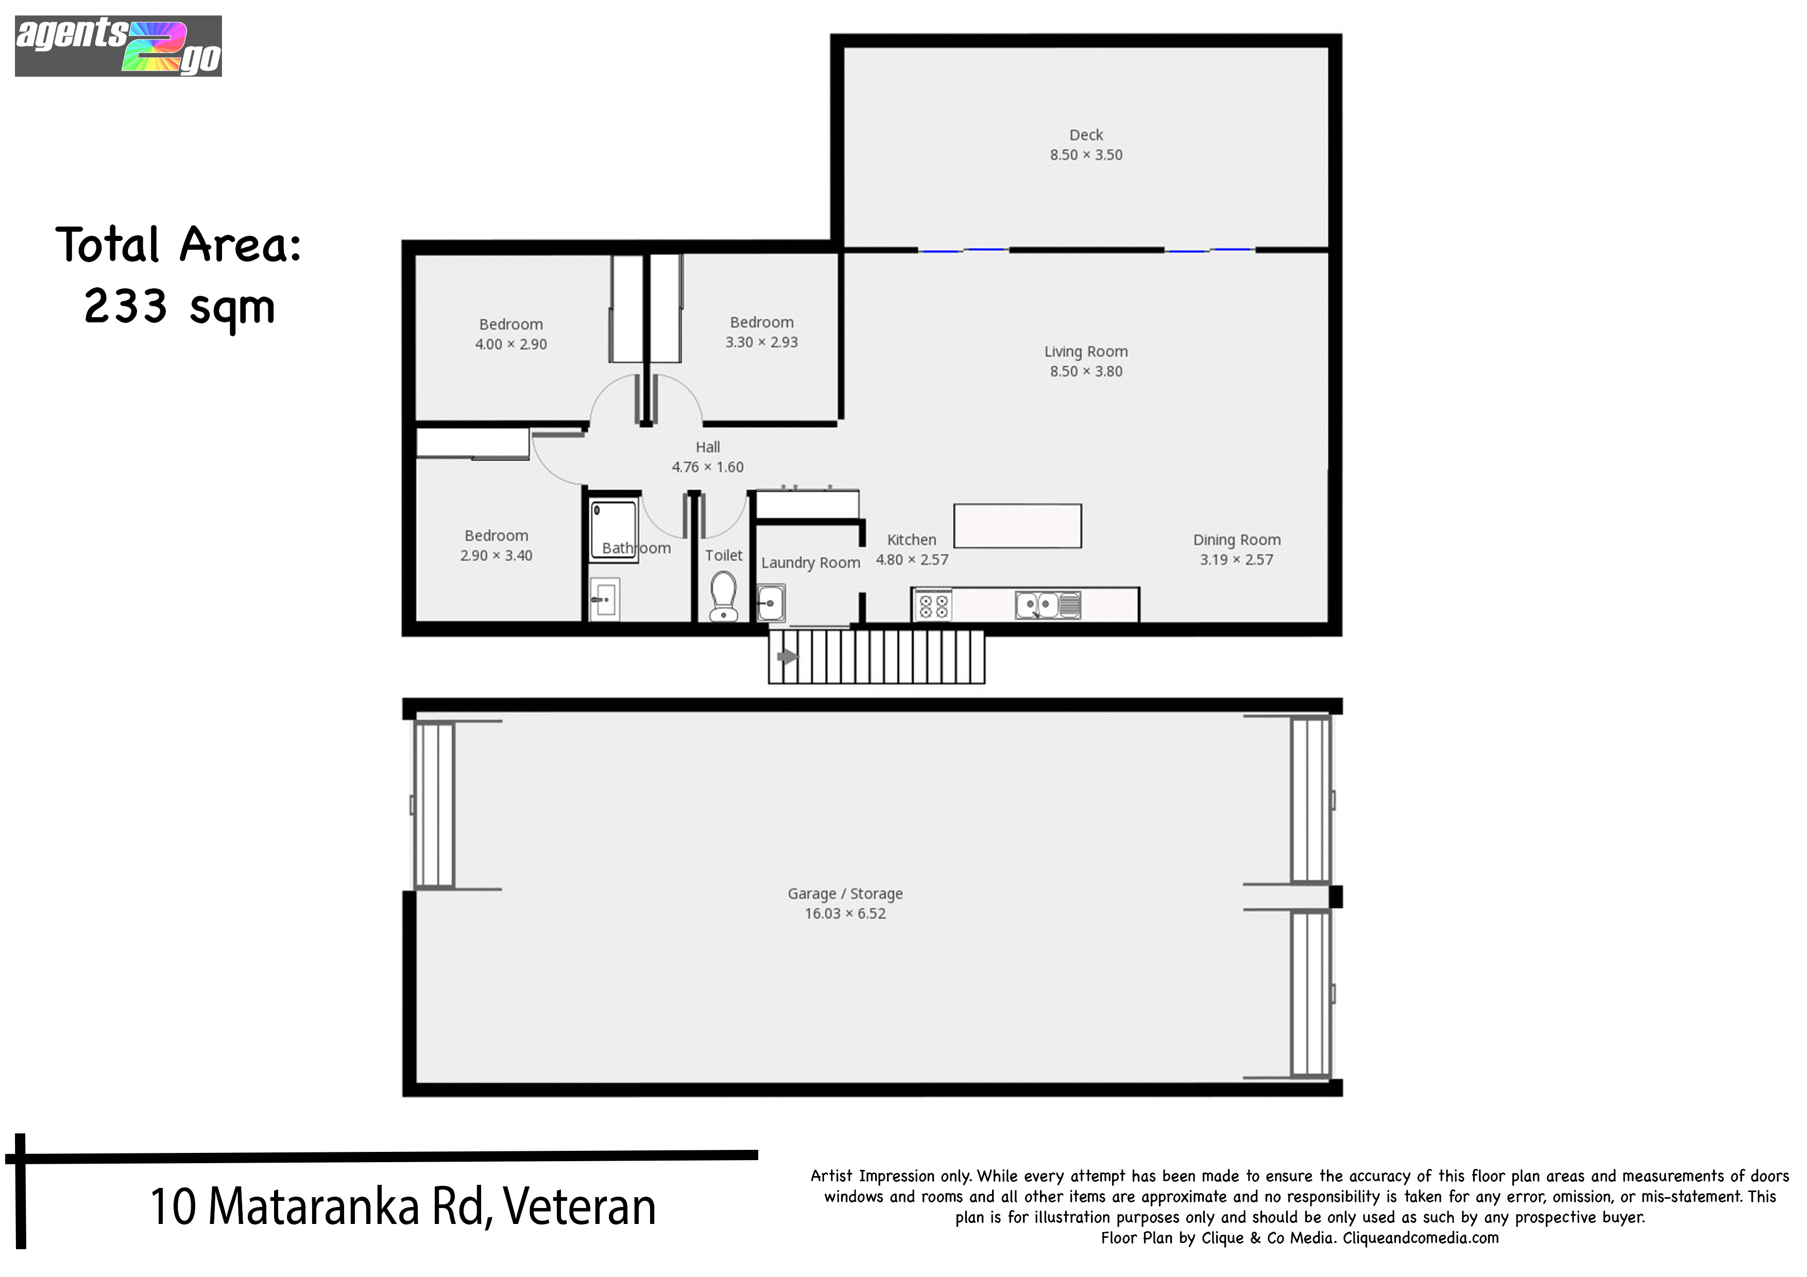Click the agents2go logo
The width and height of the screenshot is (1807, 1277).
click(x=118, y=46)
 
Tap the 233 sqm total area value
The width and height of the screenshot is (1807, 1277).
click(x=179, y=307)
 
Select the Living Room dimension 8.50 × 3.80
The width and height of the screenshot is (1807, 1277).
click(x=1086, y=371)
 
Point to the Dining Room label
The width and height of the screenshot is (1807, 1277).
click(x=1236, y=540)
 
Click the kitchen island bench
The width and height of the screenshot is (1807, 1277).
click(x=1018, y=526)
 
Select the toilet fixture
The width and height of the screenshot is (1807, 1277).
click(x=723, y=596)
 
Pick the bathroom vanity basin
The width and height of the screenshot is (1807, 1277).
click(x=604, y=599)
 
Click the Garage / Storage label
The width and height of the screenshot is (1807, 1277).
click(x=845, y=894)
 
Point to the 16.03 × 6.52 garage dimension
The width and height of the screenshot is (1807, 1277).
click(x=845, y=913)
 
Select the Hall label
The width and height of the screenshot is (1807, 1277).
click(x=708, y=447)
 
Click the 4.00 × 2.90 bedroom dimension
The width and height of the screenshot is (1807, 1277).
click(x=511, y=344)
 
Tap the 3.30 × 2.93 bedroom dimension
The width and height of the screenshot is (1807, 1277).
click(x=762, y=342)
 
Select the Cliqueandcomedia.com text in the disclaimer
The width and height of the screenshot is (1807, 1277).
click(x=1421, y=1238)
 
